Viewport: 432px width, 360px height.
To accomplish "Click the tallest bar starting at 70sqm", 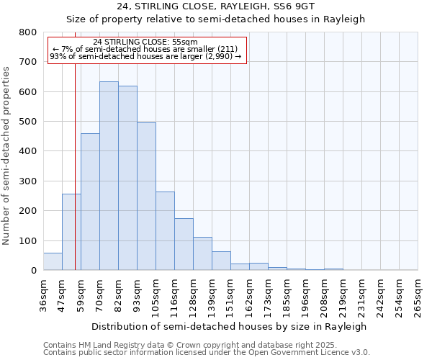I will [109, 176].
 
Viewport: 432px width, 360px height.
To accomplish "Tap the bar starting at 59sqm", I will [90, 202].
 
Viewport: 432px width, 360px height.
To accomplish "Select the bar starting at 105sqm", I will [165, 231].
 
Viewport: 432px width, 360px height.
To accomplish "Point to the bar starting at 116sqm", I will [184, 244].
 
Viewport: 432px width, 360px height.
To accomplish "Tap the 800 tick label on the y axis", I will [28, 32].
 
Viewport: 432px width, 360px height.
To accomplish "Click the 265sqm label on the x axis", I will [418, 296].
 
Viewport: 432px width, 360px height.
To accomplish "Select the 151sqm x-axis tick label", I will [230, 296].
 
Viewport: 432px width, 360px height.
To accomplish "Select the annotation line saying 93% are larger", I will [146, 56].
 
